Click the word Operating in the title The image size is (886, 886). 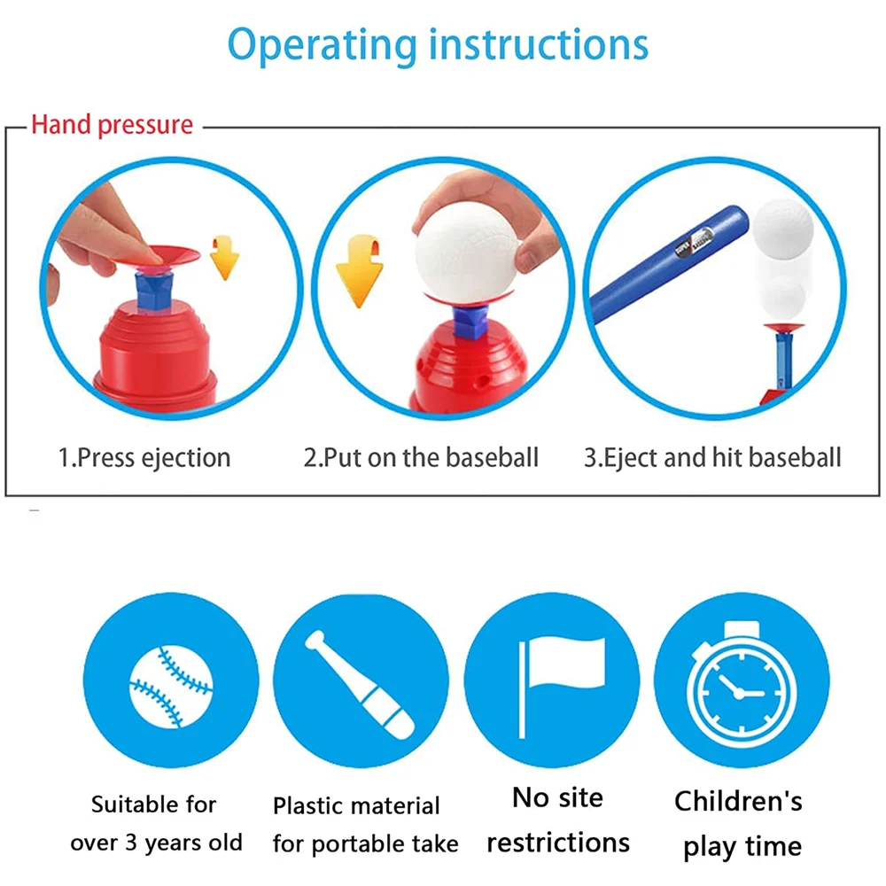point(322,44)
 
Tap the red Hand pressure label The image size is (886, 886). point(112,125)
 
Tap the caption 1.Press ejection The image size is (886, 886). point(144,458)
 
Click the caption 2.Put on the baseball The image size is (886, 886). point(421,458)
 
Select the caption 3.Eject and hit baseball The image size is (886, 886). point(711,458)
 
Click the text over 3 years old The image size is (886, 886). point(156,843)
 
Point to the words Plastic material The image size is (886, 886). point(356,806)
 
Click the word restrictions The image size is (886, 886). point(558,842)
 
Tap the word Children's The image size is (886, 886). point(738,802)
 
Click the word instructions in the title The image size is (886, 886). point(539,44)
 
